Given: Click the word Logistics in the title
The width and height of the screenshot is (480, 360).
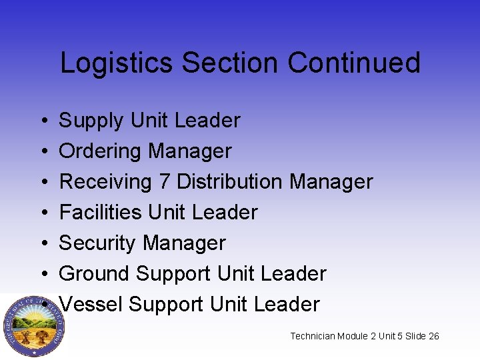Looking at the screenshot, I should click(117, 63).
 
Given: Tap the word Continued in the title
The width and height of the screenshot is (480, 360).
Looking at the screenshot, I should click(354, 63).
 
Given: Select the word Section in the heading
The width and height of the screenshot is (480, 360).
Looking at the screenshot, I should click(231, 63).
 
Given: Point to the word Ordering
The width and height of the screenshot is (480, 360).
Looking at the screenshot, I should click(101, 152).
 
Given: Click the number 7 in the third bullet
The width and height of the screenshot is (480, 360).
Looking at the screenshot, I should click(163, 181).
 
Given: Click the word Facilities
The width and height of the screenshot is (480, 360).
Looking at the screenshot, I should click(101, 213).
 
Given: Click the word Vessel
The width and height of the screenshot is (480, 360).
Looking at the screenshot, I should click(91, 304).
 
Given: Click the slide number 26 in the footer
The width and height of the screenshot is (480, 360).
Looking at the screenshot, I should click(434, 336).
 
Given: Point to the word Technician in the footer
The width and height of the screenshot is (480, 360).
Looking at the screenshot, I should click(313, 336).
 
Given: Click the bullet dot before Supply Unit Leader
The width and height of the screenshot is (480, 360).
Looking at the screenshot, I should click(42, 121).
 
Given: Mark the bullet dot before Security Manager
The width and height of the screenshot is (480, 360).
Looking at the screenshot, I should click(42, 244).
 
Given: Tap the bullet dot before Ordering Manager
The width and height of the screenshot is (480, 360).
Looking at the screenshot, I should click(42, 152).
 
